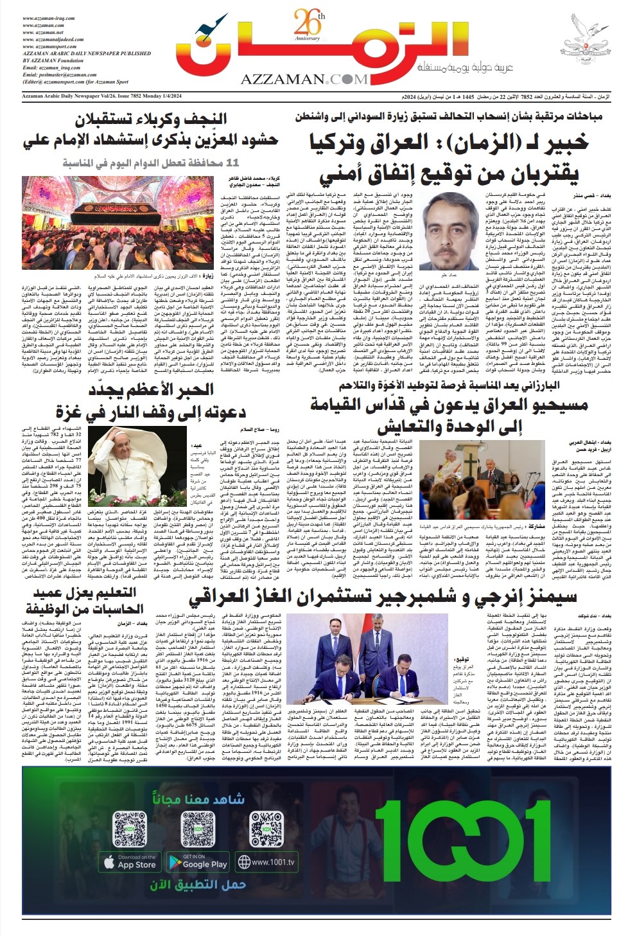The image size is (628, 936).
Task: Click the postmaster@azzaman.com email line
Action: (x=59, y=75)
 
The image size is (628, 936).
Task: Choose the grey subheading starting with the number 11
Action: (x=150, y=163)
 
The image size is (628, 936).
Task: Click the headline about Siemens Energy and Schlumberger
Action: (x=383, y=597)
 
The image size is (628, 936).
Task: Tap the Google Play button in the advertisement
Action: (x=198, y=861)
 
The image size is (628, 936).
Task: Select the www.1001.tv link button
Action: (x=266, y=861)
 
